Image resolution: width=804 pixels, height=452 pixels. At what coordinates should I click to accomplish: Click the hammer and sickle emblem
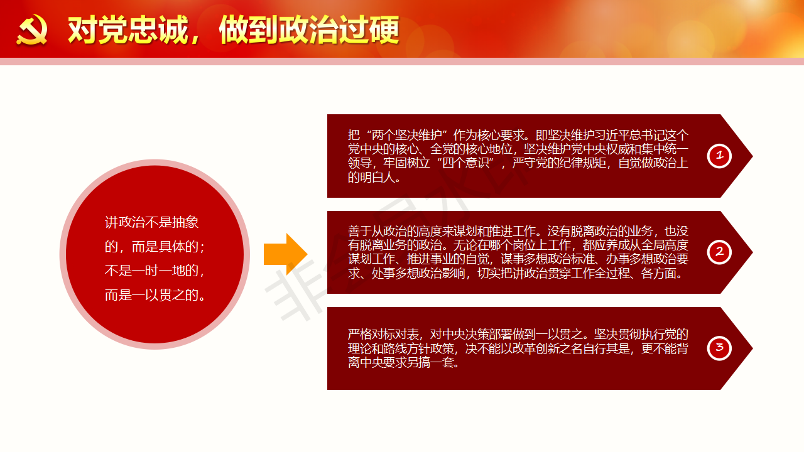(x=32, y=30)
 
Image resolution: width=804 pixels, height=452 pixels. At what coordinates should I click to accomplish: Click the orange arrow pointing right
(x=285, y=254)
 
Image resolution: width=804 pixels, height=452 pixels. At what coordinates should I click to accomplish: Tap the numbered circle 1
(x=719, y=156)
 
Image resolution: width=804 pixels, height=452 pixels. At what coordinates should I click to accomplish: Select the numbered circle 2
(x=719, y=252)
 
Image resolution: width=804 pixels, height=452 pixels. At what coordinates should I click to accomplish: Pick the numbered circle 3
(x=719, y=348)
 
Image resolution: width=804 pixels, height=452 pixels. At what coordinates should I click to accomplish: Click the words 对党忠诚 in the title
(x=128, y=30)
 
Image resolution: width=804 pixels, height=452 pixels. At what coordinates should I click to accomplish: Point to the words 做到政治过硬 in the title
(x=309, y=30)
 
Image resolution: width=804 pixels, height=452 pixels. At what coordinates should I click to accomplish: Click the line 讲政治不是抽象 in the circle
(x=151, y=222)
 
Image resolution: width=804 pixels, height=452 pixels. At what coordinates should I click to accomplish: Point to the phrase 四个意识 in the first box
(x=465, y=163)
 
